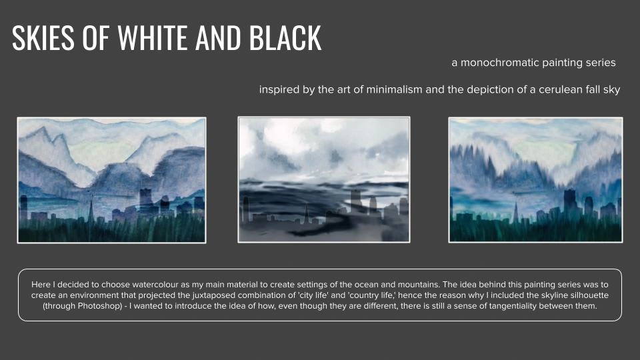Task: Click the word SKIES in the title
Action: tap(43, 37)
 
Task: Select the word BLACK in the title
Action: tap(285, 37)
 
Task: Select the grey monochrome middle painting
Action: tap(324, 179)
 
